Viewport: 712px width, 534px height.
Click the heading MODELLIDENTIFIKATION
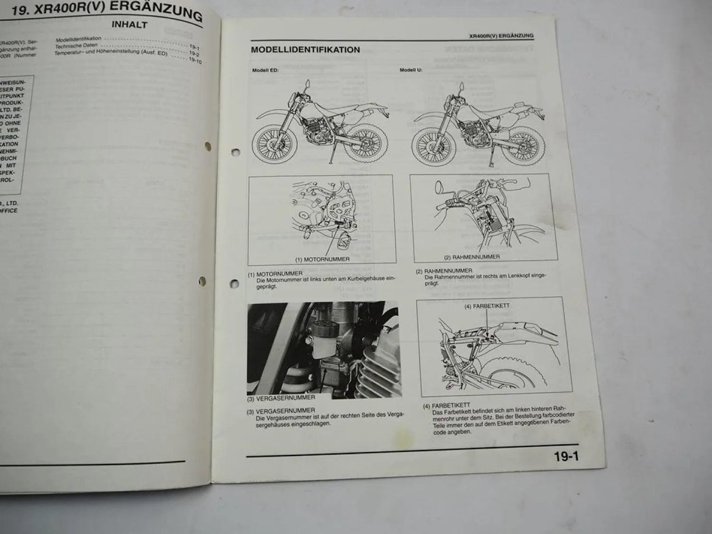[x=305, y=50]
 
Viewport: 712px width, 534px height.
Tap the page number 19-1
[x=566, y=457]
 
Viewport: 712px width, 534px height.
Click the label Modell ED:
[x=265, y=70]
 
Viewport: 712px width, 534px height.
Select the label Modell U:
[x=411, y=70]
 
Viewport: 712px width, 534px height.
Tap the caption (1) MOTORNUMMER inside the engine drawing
[x=322, y=259]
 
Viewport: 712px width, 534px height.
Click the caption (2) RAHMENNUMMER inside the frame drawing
[x=471, y=257]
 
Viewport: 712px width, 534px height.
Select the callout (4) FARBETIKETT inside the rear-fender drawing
[x=487, y=306]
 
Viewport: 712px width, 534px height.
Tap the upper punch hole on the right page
[x=234, y=152]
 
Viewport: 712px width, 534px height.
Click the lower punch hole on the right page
[x=234, y=284]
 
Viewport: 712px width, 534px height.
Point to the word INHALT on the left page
[x=129, y=24]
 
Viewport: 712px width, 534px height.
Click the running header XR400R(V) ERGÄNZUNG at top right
[x=501, y=36]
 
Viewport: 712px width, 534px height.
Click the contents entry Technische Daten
[x=76, y=46]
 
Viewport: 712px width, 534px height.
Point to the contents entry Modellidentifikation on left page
[x=78, y=39]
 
